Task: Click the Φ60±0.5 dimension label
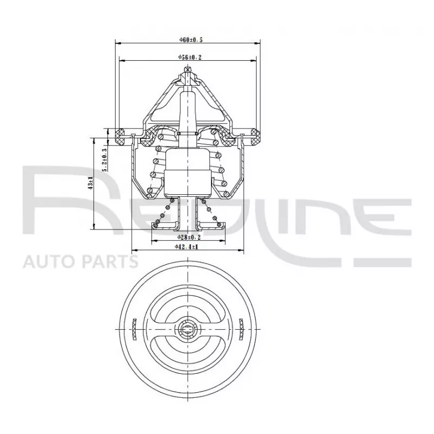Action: click(187, 40)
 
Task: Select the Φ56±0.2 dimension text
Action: click(187, 57)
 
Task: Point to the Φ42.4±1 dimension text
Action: click(187, 247)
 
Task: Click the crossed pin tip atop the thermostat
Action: click(188, 69)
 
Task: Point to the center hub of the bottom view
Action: click(188, 328)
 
